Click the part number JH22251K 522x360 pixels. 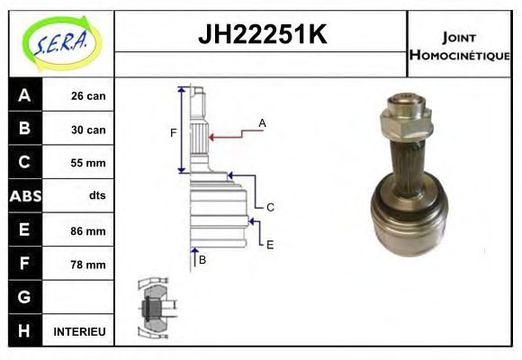click(261, 34)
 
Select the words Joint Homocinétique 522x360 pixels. click(459, 45)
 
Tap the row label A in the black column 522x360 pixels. click(23, 95)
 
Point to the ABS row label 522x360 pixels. click(23, 196)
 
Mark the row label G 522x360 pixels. click(23, 298)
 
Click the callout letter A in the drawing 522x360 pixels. click(262, 122)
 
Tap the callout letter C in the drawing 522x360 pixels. click(270, 207)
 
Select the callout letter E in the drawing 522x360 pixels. click(270, 244)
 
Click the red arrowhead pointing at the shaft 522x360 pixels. click(212, 137)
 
